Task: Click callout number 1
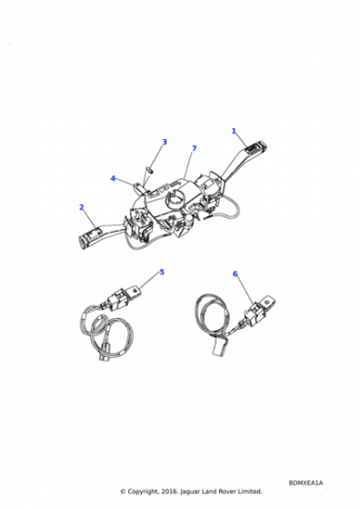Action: point(234,131)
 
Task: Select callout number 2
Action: point(82,207)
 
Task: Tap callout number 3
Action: point(165,142)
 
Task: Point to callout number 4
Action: point(113,178)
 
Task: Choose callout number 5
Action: point(162,272)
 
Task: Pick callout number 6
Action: point(235,274)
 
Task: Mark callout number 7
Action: point(195,148)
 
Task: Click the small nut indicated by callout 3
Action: point(150,169)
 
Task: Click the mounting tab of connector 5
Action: point(134,290)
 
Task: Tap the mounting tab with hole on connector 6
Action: point(268,303)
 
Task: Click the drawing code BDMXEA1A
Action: point(305,483)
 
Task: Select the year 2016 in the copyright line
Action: point(169,492)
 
